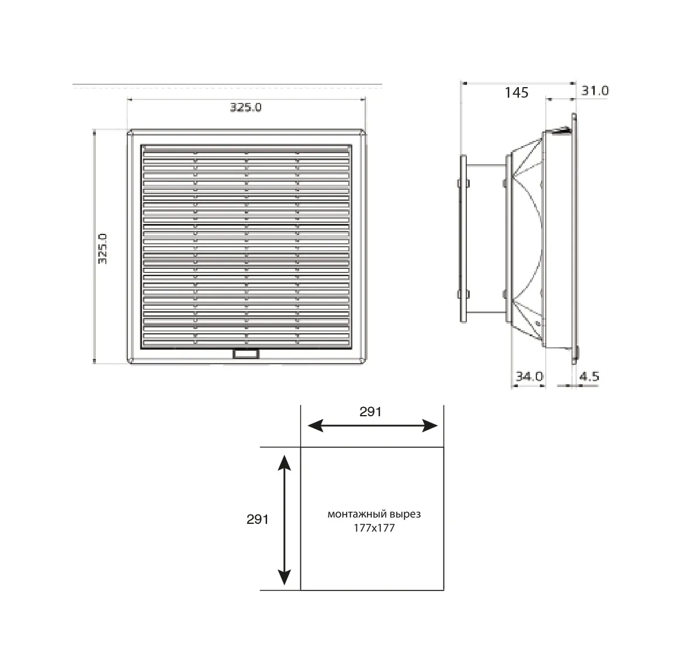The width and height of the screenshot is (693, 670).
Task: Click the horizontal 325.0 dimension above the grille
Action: [246, 108]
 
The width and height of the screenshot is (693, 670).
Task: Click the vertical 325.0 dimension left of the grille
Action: [102, 249]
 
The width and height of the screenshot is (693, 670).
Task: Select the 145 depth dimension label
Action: [516, 92]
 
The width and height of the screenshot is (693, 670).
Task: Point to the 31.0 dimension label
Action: [595, 91]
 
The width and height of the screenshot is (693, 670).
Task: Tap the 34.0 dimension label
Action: [529, 377]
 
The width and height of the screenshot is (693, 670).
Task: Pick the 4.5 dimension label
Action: [589, 377]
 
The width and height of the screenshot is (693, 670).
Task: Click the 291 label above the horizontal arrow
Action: [370, 412]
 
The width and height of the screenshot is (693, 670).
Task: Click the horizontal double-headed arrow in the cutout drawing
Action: [373, 426]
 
